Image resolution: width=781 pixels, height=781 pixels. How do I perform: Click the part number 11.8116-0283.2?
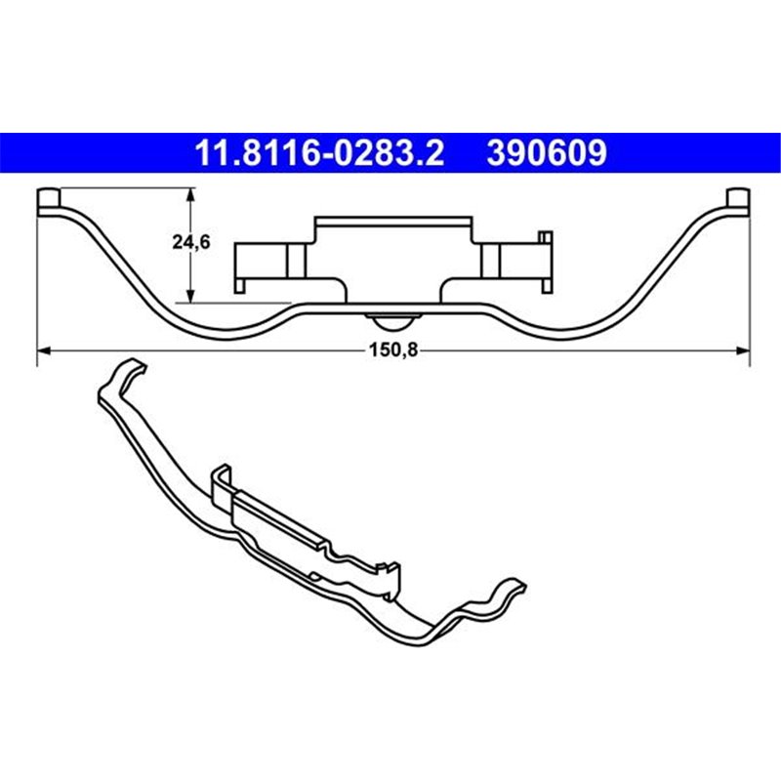[321, 153]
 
